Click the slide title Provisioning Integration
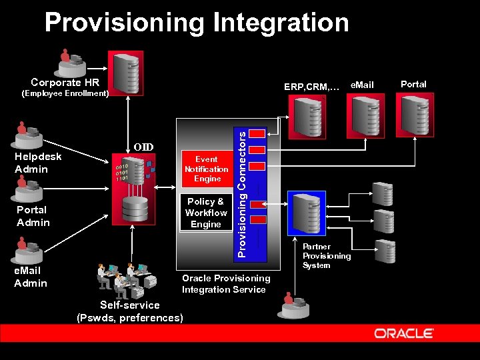coord(197,23)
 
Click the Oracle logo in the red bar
coord(404,333)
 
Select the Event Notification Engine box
coord(207,169)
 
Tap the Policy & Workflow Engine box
coord(206,213)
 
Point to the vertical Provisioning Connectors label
coord(244,193)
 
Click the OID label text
coord(143,147)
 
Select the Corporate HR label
coord(65,83)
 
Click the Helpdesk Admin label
coord(38,163)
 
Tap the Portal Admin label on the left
coord(33,216)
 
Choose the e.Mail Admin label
coord(31,277)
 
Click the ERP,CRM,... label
coord(311,86)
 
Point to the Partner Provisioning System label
coord(327,256)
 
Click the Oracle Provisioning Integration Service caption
coord(226,283)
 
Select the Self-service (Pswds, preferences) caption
coord(130,311)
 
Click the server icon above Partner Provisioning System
coord(306,213)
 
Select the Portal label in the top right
coord(413,84)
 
